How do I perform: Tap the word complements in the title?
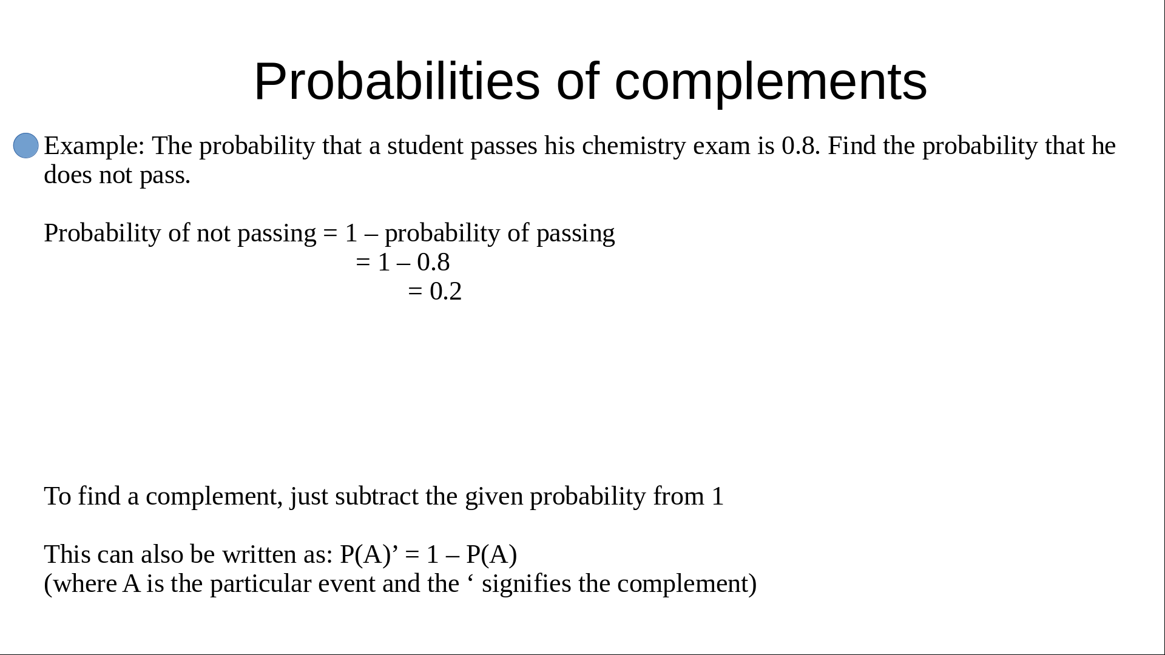771,82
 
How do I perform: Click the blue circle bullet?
26,146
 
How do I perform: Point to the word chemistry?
633,146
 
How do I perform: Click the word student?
425,146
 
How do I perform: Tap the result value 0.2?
445,292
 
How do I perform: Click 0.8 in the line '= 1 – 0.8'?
433,263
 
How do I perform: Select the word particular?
261,584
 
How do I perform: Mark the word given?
494,497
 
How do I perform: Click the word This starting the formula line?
67,554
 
